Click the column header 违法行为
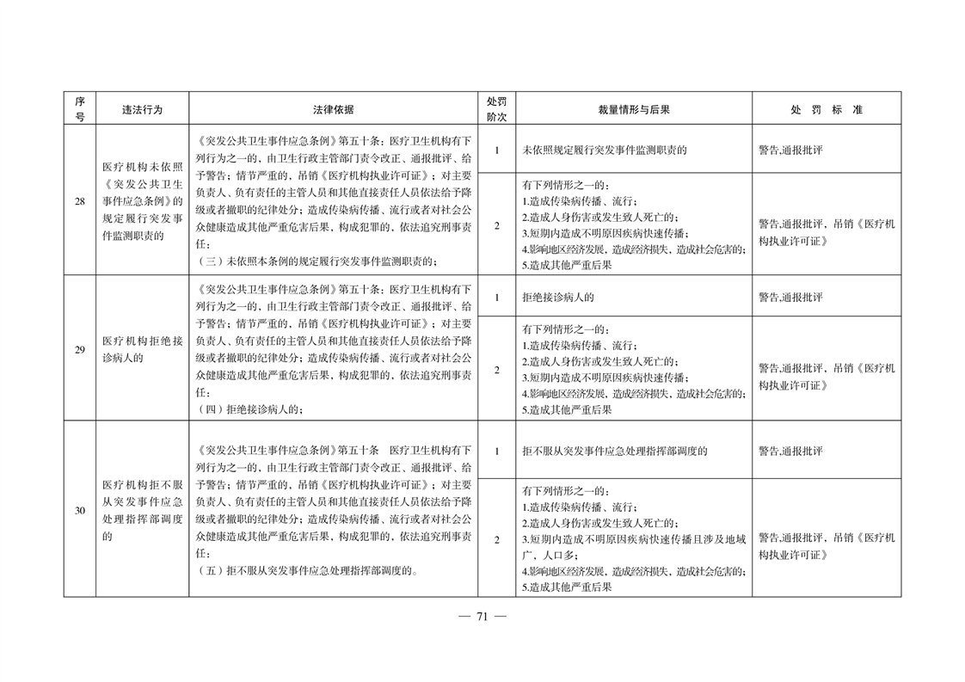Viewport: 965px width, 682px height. click(142, 110)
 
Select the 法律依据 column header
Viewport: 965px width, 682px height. click(334, 110)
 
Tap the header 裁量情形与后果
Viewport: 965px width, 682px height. click(634, 110)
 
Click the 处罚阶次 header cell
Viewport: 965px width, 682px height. click(496, 109)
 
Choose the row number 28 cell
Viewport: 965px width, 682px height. click(79, 201)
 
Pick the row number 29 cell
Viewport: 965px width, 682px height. click(79, 349)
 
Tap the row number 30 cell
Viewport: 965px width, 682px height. click(79, 510)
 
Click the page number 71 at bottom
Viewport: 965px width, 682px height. click(482, 616)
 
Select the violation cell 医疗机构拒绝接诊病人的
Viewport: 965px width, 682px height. click(142, 349)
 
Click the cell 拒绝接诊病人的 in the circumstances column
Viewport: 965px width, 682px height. click(558, 298)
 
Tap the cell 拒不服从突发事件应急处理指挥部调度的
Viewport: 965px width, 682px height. click(615, 451)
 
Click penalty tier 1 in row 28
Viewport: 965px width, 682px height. click(496, 150)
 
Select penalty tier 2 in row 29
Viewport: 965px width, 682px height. click(496, 370)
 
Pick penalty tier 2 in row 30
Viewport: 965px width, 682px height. click(496, 539)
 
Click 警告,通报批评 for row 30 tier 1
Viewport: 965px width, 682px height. click(790, 451)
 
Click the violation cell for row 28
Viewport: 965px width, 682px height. click(142, 201)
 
